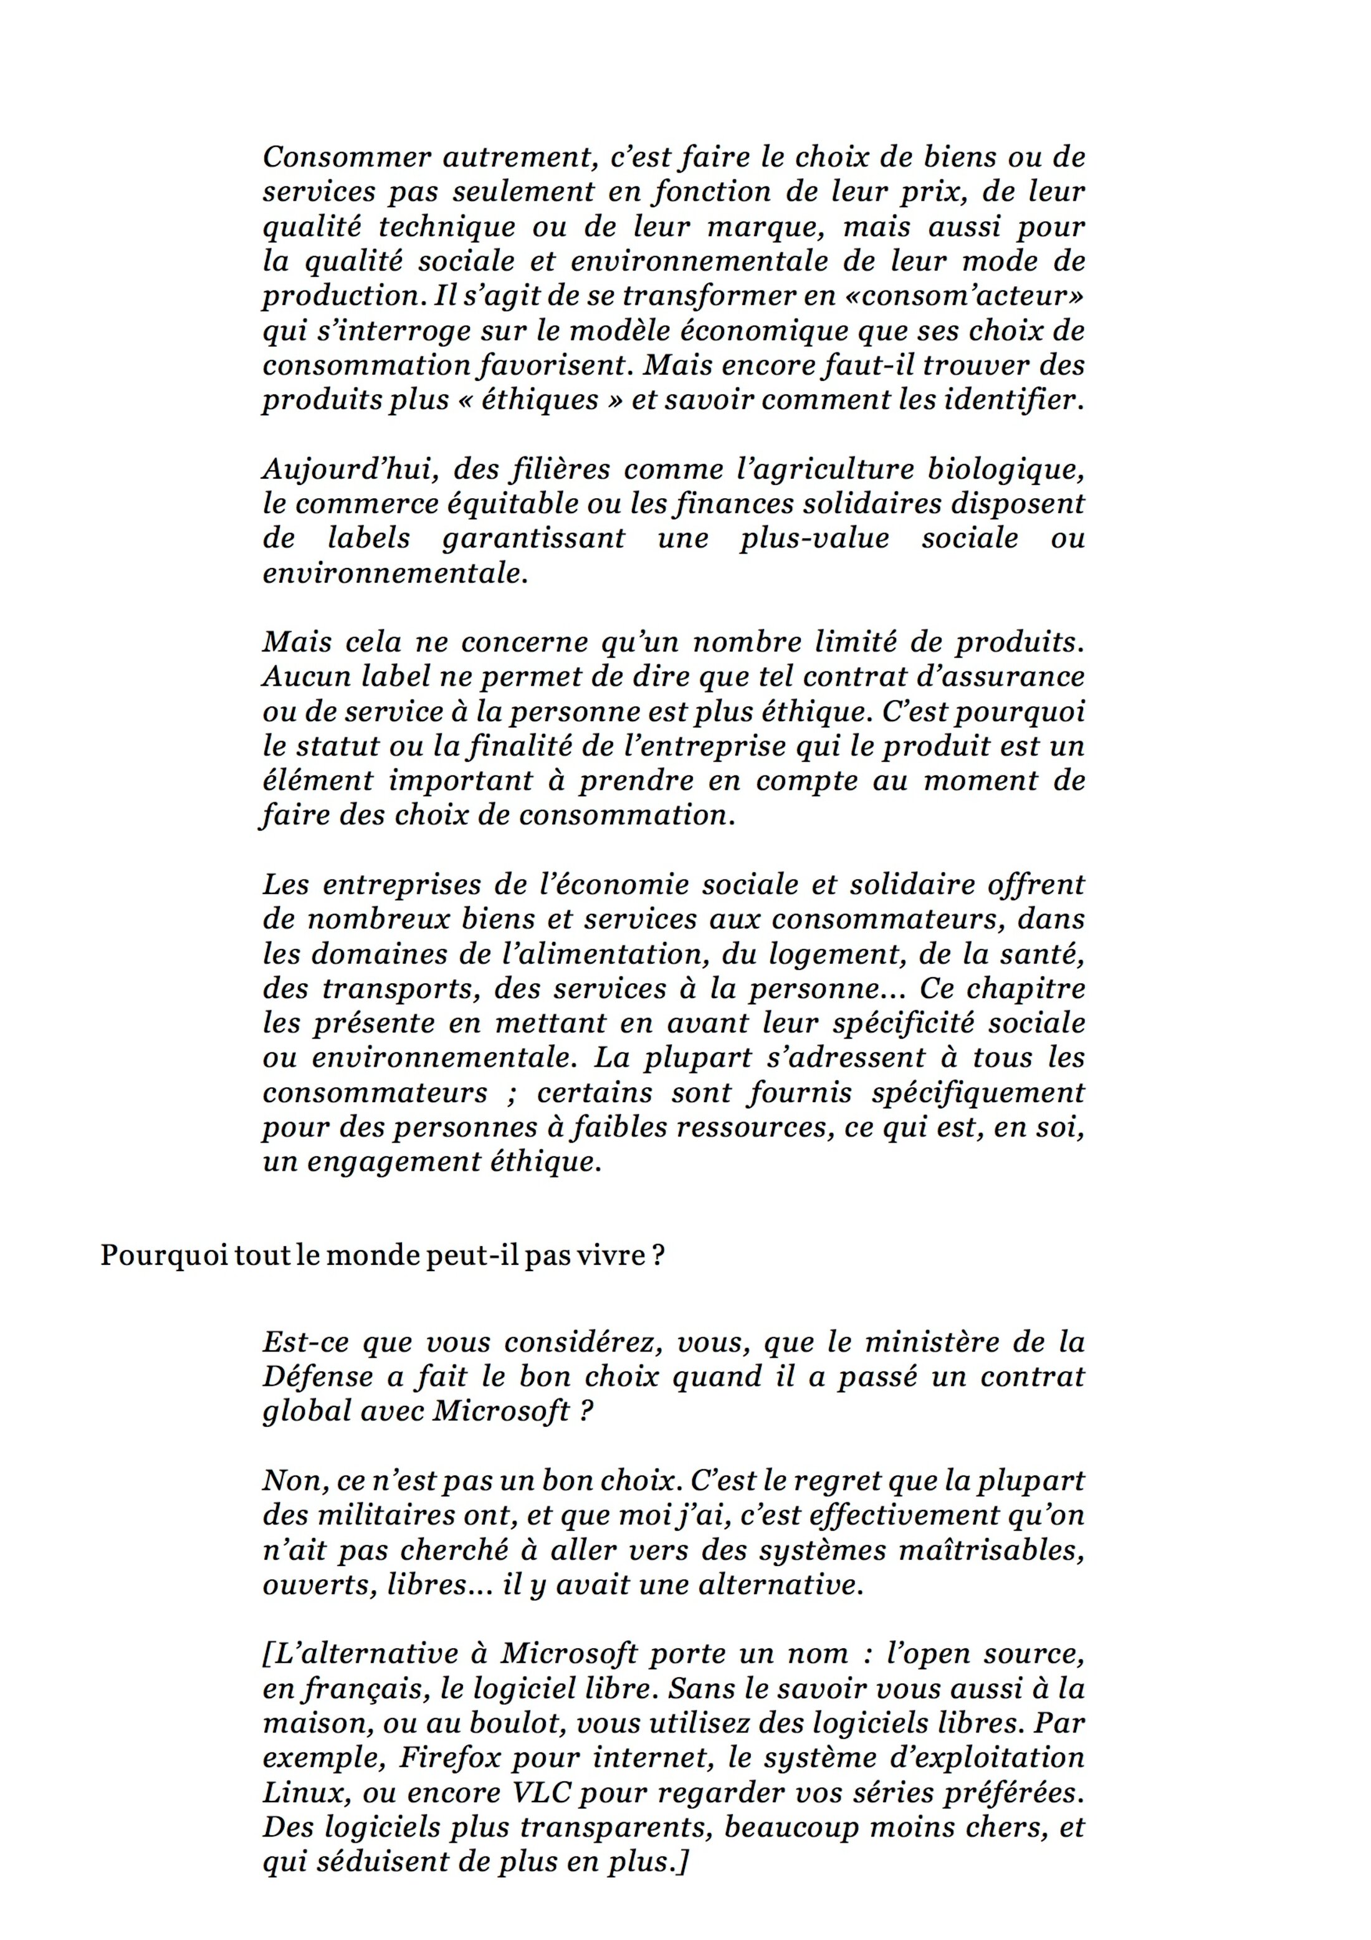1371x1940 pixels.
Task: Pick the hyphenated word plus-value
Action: (x=814, y=538)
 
